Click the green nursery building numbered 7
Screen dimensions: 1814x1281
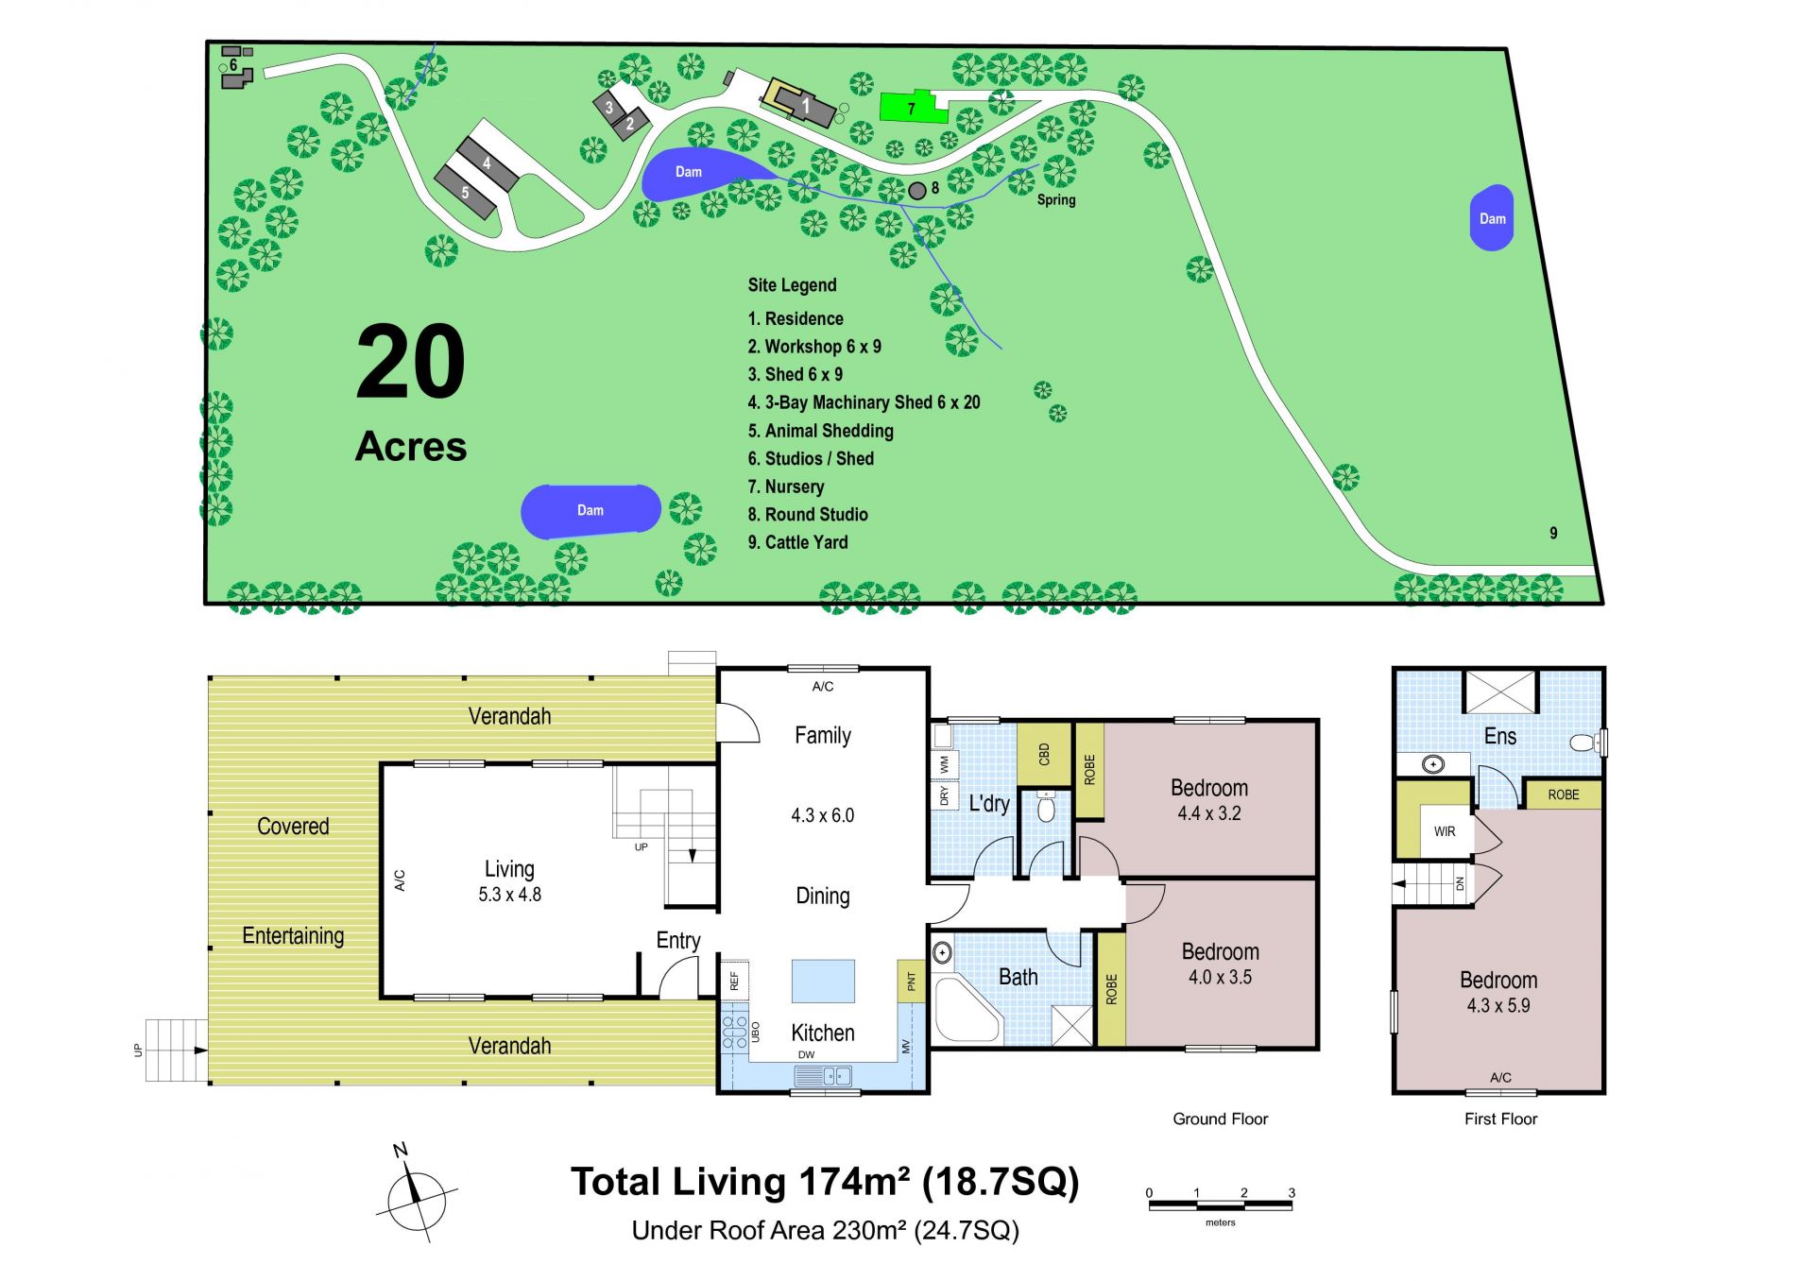pos(913,108)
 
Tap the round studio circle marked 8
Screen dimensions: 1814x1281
pos(916,191)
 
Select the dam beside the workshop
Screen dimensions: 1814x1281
pos(704,174)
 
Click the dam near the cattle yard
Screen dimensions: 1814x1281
pos(1492,218)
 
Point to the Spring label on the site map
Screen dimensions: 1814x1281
pos(1056,199)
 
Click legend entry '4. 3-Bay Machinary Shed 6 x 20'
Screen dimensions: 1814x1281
pos(864,402)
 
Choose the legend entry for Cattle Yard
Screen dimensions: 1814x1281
pos(797,542)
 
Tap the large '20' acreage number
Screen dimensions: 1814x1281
pos(411,362)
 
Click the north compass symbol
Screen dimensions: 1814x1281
pos(416,1195)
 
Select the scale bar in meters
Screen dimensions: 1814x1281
pos(1220,1204)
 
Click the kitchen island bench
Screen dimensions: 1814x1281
pos(823,981)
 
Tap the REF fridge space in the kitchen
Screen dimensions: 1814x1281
pos(735,981)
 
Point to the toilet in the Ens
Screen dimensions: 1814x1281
pos(1584,743)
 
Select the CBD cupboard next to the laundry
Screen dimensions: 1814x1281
pos(1044,754)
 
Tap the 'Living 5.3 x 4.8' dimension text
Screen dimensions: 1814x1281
pos(509,881)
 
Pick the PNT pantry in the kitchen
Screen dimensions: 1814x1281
pos(911,982)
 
